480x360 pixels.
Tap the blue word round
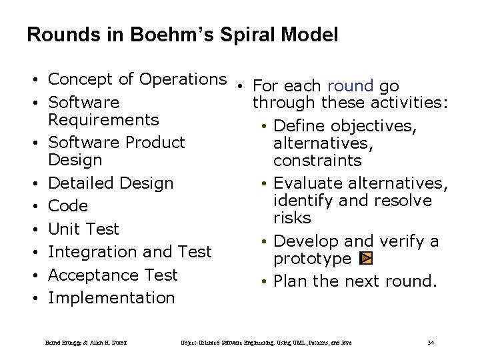point(350,86)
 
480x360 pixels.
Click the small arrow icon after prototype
point(365,259)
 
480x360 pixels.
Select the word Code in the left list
point(68,205)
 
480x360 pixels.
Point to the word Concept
point(81,79)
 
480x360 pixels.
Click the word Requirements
point(103,120)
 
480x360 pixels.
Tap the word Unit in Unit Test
point(64,229)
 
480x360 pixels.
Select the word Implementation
point(111,298)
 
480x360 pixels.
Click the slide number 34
point(430,343)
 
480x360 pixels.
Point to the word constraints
point(317,161)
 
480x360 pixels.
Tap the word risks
point(292,218)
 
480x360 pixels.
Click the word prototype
point(312,259)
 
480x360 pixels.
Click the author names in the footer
point(86,343)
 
